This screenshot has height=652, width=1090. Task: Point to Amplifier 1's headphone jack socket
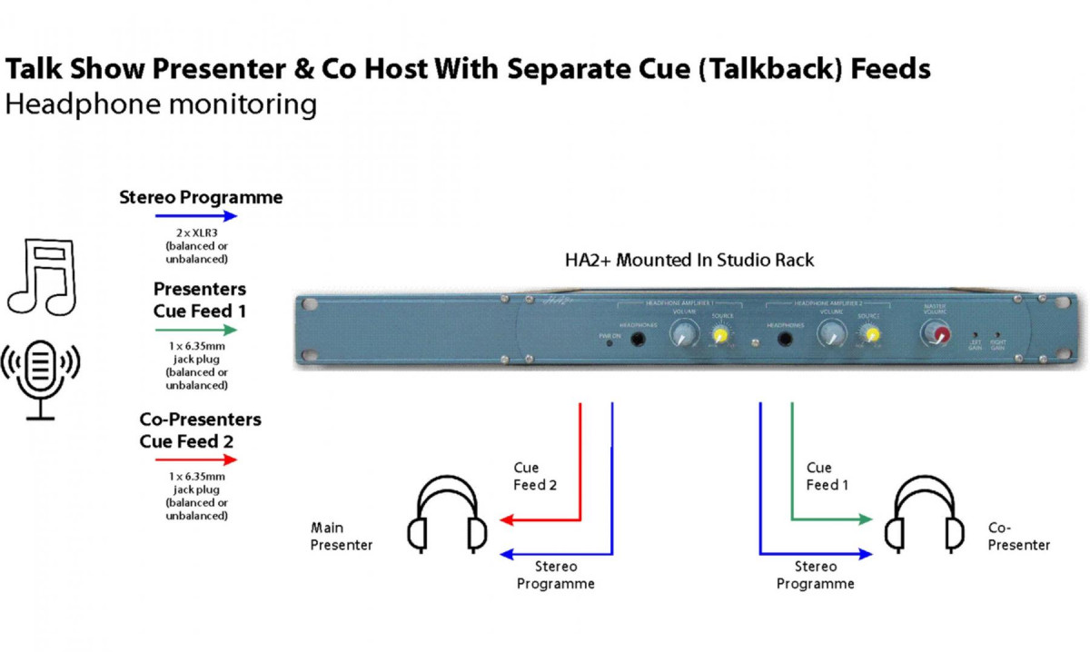(639, 339)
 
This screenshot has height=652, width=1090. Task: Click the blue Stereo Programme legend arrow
(196, 216)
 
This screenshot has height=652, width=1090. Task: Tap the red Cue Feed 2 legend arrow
(196, 460)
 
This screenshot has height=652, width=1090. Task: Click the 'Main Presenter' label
(341, 536)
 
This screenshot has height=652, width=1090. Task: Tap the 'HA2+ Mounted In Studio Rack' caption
(689, 261)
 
